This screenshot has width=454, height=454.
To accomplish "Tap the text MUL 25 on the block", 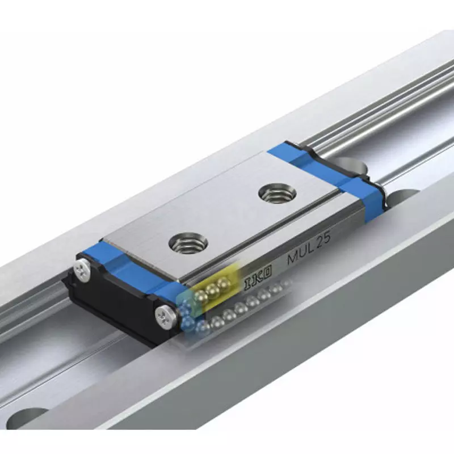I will coord(309,250).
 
